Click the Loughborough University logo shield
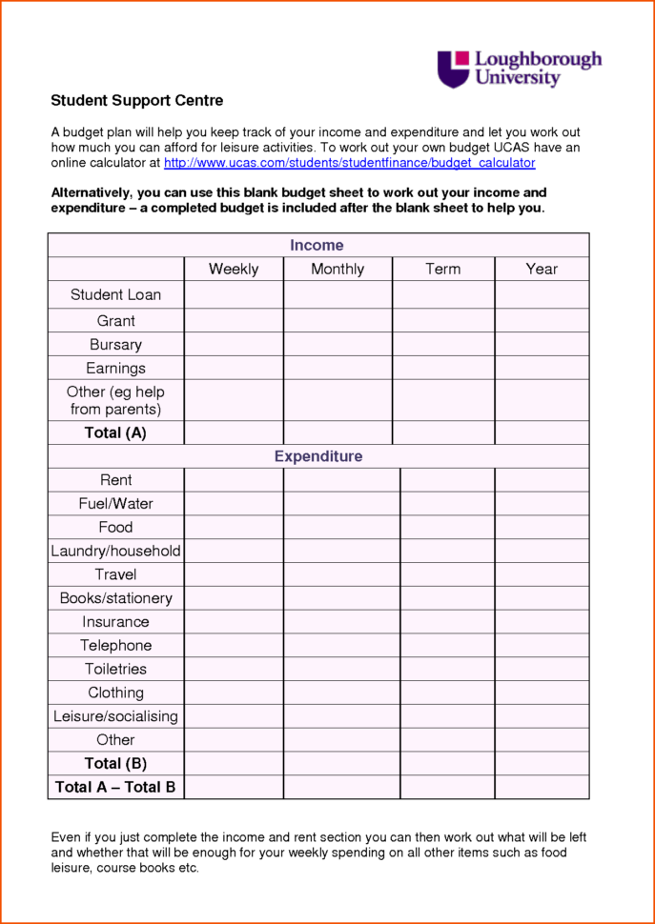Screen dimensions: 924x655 point(454,70)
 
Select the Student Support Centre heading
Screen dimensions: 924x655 point(136,100)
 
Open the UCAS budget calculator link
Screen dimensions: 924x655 point(349,163)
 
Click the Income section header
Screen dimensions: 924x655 point(317,246)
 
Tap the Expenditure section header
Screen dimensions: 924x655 point(318,456)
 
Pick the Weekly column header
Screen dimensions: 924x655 point(234,269)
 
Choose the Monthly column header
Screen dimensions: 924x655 point(338,269)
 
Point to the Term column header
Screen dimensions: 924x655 point(442,269)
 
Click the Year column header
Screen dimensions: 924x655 point(542,269)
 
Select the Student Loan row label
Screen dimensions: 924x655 point(115,294)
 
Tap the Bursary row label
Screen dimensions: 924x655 point(115,345)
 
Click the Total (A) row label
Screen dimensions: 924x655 point(115,432)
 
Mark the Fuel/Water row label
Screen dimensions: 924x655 point(115,503)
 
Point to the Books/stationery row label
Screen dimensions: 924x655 point(115,598)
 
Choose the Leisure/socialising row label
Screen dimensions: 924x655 point(115,716)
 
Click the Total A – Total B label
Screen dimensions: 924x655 point(115,787)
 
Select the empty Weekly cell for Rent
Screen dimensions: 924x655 point(234,480)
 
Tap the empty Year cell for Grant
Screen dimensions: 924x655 point(542,320)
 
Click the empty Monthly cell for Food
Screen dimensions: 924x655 point(341,527)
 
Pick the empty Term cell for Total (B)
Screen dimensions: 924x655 point(447,763)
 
